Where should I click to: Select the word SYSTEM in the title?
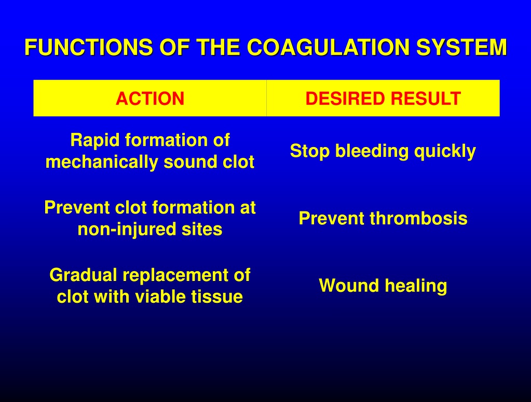point(461,47)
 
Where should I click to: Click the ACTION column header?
point(150,99)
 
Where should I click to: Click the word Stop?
point(309,152)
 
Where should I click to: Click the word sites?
point(202,229)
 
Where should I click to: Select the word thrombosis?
point(418,219)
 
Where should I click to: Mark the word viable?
point(160,297)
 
